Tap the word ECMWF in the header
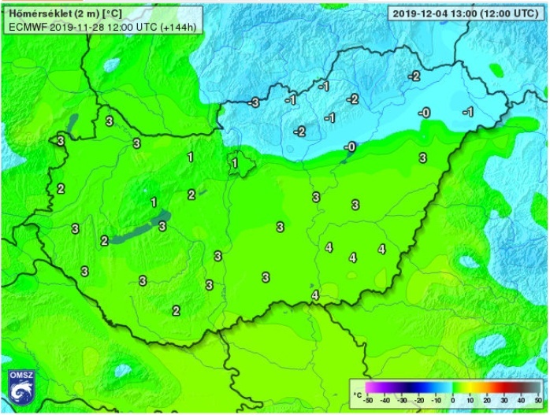tap(24, 26)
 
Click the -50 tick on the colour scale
tap(368, 401)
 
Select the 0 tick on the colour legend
tap(454, 401)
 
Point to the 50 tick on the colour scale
tap(539, 401)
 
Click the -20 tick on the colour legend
tap(419, 401)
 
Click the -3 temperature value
tap(253, 102)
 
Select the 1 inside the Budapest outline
tap(235, 163)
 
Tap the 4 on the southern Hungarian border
tap(315, 295)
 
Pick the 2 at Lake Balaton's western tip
tap(104, 240)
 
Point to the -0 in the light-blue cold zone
tap(424, 113)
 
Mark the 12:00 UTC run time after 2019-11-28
tap(124, 26)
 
